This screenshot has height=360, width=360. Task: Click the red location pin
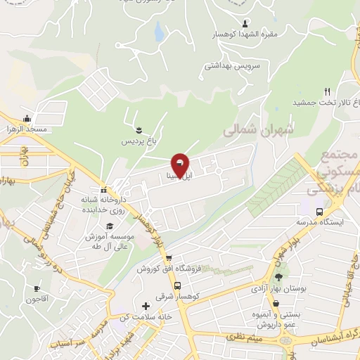coord(180,165)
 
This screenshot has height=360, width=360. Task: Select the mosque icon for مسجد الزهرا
coord(27,118)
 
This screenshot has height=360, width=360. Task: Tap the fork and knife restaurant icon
coord(327,91)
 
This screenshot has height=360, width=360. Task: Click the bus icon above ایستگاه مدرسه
coord(320,211)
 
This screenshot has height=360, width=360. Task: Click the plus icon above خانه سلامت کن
coord(146,306)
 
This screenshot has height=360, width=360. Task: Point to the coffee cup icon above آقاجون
coord(37,288)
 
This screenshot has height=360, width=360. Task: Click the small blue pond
coord(159,30)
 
